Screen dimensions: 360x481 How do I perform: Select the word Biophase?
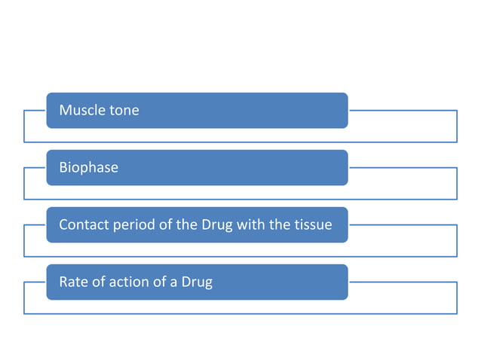pos(88,167)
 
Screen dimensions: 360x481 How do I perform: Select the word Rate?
pos(73,282)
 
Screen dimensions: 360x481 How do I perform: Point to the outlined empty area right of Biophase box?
pos(403,184)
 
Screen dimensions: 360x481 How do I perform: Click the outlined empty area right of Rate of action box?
pos(403,298)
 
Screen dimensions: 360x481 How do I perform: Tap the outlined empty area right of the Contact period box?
pos(403,241)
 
